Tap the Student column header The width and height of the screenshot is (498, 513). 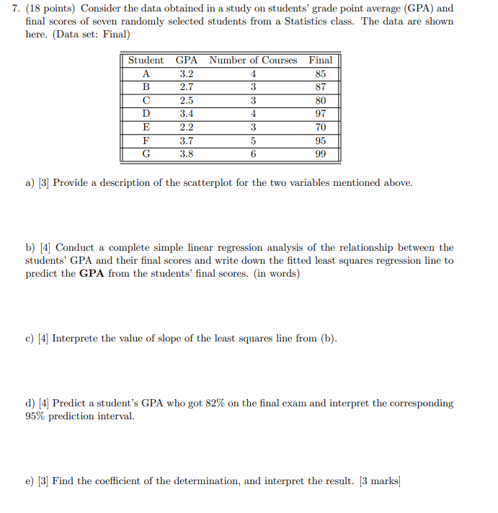tap(146, 61)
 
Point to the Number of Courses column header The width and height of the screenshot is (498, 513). tap(253, 61)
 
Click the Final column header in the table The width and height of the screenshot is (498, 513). tap(321, 61)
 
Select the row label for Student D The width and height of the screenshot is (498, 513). tap(146, 114)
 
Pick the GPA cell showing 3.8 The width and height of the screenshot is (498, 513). tap(186, 154)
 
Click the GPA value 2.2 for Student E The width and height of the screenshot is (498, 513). tap(186, 128)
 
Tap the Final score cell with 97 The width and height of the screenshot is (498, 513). tap(321, 114)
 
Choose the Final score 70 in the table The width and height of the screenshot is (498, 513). tap(321, 128)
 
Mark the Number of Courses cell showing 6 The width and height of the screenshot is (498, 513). tap(253, 154)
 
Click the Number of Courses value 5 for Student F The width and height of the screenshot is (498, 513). tap(253, 141)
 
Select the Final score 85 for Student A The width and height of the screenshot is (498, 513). tap(321, 73)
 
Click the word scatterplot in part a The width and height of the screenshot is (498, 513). tap(190, 183)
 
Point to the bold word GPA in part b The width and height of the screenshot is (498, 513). tap(92, 274)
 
